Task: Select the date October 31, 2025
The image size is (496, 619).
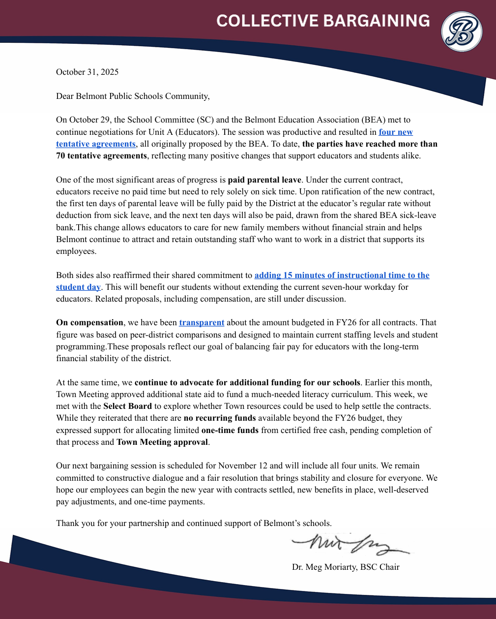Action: coord(87,72)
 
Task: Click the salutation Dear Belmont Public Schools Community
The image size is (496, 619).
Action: coord(133,96)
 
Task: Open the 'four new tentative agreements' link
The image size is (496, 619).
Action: coord(395,132)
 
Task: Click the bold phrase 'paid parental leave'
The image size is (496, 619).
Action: coord(264,180)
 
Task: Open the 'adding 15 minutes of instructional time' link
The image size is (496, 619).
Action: coord(342,275)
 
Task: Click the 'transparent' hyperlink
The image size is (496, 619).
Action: coord(202,323)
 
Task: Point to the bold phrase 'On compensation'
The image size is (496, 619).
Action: coord(89,323)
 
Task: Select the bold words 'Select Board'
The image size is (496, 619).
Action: coord(127,406)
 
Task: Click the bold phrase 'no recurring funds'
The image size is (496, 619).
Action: coord(219,418)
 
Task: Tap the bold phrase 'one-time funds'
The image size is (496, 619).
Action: coord(230,430)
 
